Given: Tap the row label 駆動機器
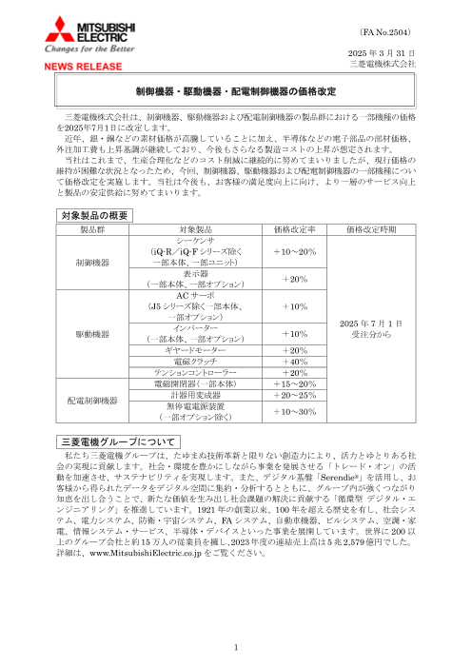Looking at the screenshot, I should click(x=93, y=334).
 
